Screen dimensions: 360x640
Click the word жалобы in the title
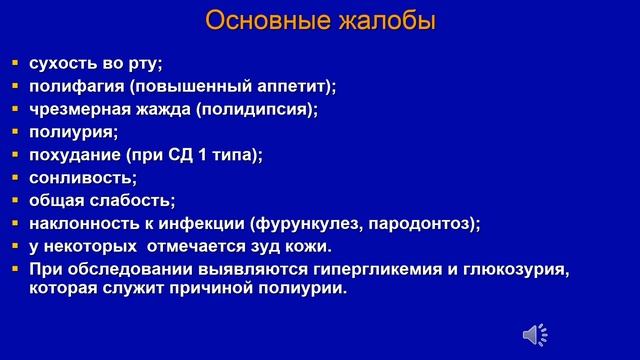(x=387, y=21)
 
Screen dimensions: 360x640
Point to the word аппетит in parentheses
(x=292, y=86)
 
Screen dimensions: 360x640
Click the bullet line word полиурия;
(x=74, y=132)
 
